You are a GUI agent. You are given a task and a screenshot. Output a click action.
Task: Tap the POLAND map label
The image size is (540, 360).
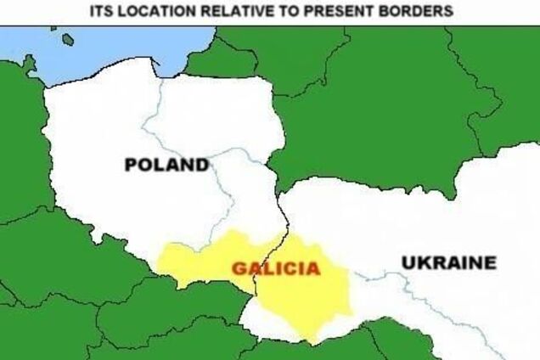point(166,165)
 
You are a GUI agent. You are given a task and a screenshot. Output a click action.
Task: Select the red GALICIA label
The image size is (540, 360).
point(276,269)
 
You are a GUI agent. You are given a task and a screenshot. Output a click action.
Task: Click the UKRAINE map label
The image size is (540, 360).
point(448,263)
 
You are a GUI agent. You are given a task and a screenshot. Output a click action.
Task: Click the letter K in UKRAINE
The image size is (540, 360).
point(422,263)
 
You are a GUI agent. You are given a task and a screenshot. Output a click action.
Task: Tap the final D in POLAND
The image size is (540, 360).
point(202,165)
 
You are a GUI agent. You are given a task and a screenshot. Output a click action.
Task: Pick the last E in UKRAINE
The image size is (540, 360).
point(490,263)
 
